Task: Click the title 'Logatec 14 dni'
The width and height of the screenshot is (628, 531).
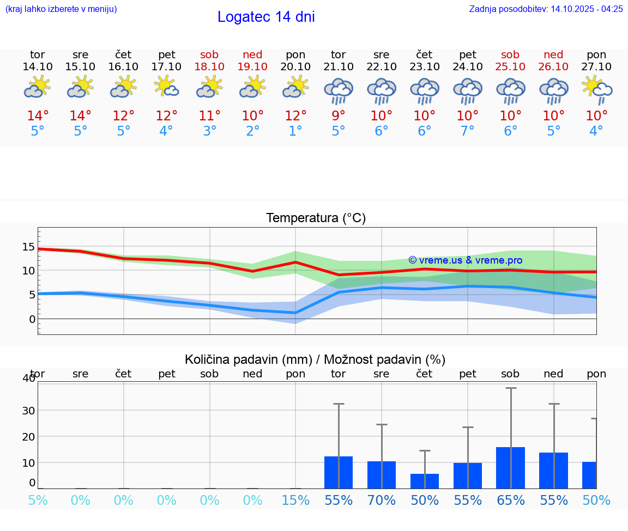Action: pyautogui.click(x=266, y=17)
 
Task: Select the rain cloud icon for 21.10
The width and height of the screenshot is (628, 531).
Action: pyautogui.click(x=339, y=91)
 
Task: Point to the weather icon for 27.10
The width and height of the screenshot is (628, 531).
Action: pyautogui.click(x=597, y=90)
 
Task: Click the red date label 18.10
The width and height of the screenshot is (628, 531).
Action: pyautogui.click(x=209, y=66)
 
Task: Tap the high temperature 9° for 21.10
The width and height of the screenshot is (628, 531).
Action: pyautogui.click(x=339, y=116)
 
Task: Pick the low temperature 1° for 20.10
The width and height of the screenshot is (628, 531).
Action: pyautogui.click(x=295, y=131)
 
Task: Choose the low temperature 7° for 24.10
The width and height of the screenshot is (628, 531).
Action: pyautogui.click(x=468, y=131)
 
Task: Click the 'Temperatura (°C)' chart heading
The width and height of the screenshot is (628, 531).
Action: pyautogui.click(x=316, y=218)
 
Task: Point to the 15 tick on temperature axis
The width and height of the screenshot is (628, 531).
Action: pyautogui.click(x=28, y=247)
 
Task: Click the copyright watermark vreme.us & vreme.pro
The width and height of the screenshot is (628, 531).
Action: pyautogui.click(x=465, y=260)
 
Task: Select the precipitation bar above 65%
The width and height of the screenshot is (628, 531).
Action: pyautogui.click(x=511, y=468)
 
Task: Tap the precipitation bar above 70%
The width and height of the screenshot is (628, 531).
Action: pyautogui.click(x=382, y=475)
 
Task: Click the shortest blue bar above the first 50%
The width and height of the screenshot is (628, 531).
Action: pyautogui.click(x=425, y=481)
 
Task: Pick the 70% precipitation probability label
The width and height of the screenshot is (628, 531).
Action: pyautogui.click(x=382, y=500)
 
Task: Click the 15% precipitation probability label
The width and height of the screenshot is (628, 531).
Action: pyautogui.click(x=295, y=500)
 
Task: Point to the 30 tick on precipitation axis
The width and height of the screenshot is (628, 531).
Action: pyautogui.click(x=28, y=410)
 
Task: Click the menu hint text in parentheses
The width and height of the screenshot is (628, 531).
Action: pyautogui.click(x=61, y=9)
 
